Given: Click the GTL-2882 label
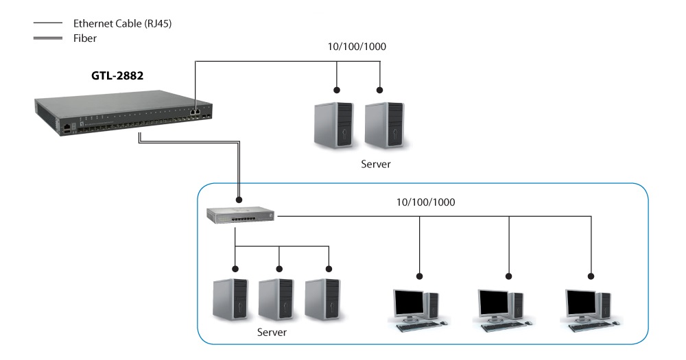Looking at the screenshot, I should coord(117,76).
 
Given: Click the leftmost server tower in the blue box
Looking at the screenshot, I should coord(230,300).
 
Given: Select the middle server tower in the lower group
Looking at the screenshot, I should coord(276,300).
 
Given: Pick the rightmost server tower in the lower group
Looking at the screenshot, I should coord(324,300).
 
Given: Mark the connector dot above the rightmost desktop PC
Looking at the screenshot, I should coord(590,277).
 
